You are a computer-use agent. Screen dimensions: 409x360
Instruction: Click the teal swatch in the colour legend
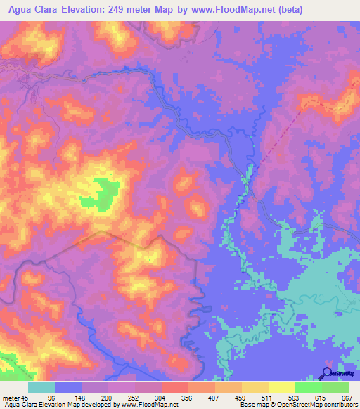(41, 388)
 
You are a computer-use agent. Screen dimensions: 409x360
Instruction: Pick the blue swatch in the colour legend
(68, 388)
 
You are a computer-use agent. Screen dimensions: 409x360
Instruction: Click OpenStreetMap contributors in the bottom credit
(315, 405)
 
